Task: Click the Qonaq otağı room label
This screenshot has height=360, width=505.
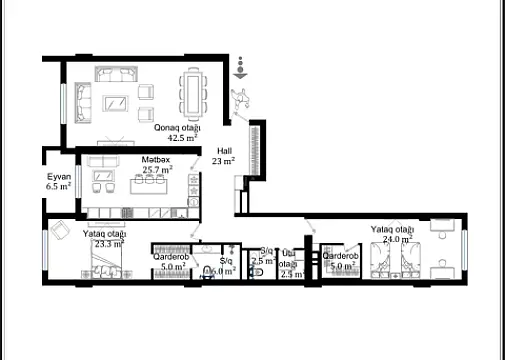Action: pos(177,128)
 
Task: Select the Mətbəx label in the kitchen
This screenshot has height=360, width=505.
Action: pos(155,160)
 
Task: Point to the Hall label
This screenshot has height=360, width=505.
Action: pos(224,150)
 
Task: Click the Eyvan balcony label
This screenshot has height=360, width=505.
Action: pos(58,176)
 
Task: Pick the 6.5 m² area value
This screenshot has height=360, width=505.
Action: pos(58,186)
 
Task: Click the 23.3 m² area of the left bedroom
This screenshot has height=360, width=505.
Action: pos(109,243)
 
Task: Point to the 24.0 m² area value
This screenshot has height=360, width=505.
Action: pos(392,240)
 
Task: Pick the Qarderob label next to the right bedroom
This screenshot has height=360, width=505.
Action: pos(341,257)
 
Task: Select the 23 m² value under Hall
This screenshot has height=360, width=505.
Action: pos(224,160)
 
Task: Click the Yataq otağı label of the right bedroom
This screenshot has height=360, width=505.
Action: pos(392,229)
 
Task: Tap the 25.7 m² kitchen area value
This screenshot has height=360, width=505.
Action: pos(158,170)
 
